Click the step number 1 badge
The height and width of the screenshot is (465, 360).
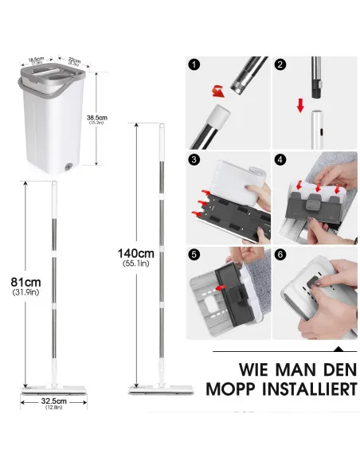pyautogui.click(x=193, y=65)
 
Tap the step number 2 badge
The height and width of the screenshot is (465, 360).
pyautogui.click(x=280, y=65)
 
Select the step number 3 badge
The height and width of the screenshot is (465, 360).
pyautogui.click(x=194, y=160)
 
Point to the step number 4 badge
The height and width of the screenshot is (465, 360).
pyautogui.click(x=280, y=160)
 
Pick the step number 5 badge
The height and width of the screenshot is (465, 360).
pyautogui.click(x=194, y=255)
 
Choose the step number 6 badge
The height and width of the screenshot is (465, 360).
pyautogui.click(x=280, y=255)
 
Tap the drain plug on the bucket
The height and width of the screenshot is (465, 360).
pyautogui.click(x=68, y=167)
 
